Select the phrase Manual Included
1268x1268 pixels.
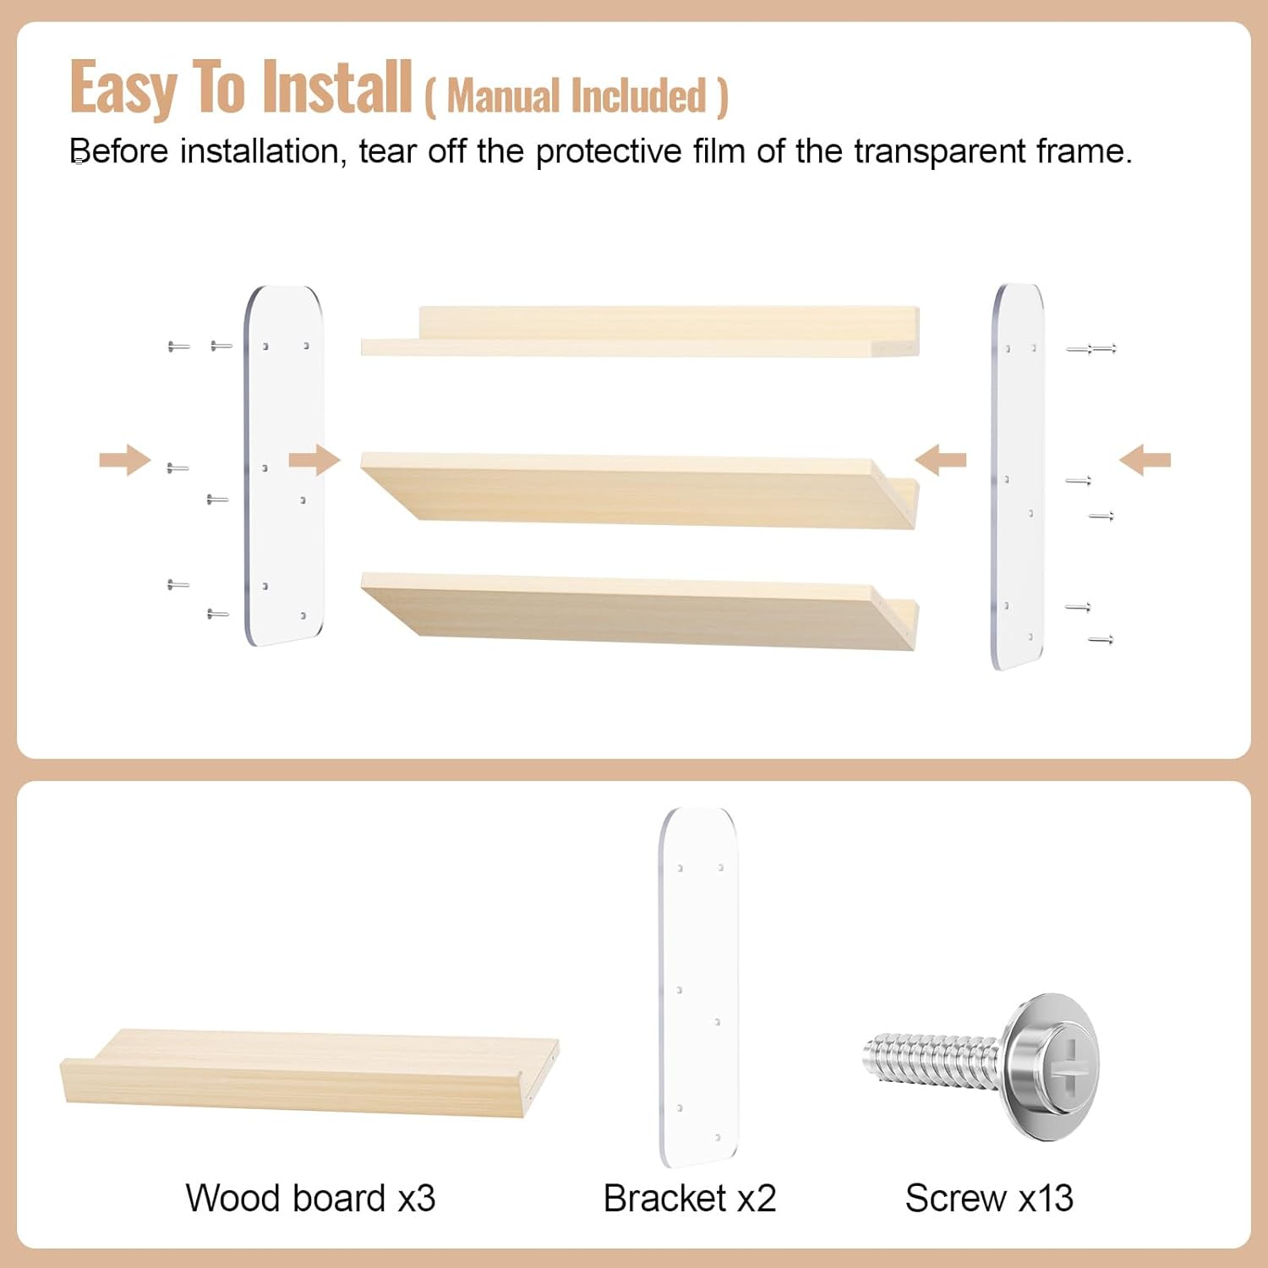(x=576, y=96)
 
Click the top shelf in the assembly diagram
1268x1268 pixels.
(x=640, y=332)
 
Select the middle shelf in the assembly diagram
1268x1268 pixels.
(x=640, y=489)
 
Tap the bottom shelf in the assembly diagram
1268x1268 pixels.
(x=640, y=610)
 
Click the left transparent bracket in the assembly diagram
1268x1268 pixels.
(x=284, y=466)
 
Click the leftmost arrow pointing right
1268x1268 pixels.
(x=125, y=460)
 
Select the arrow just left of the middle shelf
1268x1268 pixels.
(x=314, y=460)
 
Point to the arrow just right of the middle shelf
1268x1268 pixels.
(x=940, y=460)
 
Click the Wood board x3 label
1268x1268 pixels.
(x=310, y=1198)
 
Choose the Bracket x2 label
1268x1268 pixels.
(x=690, y=1198)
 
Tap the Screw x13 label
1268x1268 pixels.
(x=989, y=1198)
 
